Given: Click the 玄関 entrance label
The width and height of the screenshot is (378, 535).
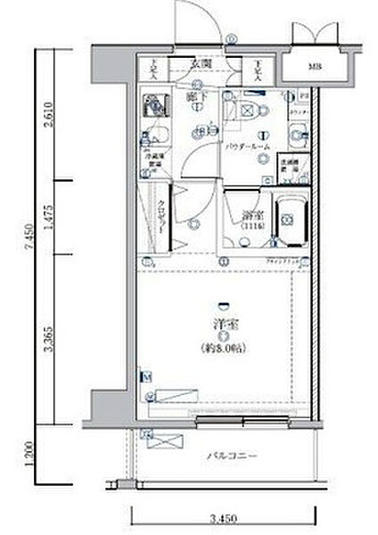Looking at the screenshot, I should pyautogui.click(x=200, y=64).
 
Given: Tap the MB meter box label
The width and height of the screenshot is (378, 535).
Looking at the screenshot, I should pyautogui.click(x=315, y=67).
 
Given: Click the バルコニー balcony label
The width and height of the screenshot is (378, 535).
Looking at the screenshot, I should pyautogui.click(x=234, y=456).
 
